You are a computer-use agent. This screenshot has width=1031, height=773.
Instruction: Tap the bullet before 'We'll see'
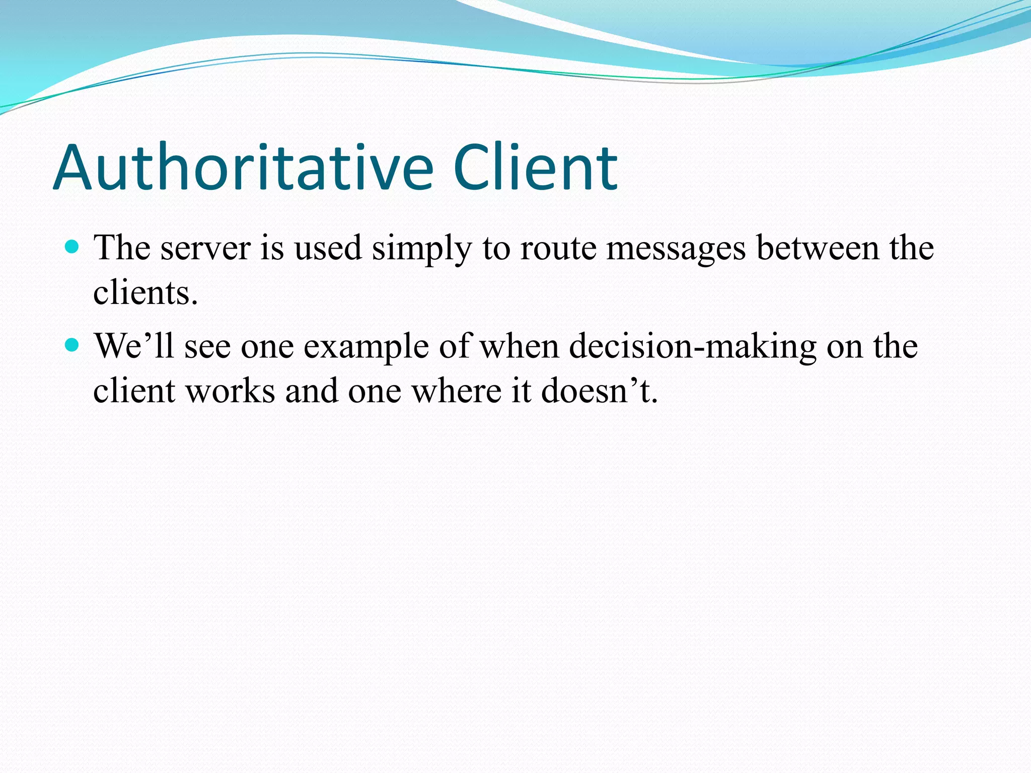[72, 345]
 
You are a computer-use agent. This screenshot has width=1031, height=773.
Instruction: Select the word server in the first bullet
[205, 249]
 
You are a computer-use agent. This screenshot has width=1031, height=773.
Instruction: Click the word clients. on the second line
[145, 292]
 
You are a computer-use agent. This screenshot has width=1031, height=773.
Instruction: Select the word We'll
[134, 346]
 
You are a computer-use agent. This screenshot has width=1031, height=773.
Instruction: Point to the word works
[230, 391]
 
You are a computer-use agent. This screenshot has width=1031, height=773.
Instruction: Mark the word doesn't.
[600, 391]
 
